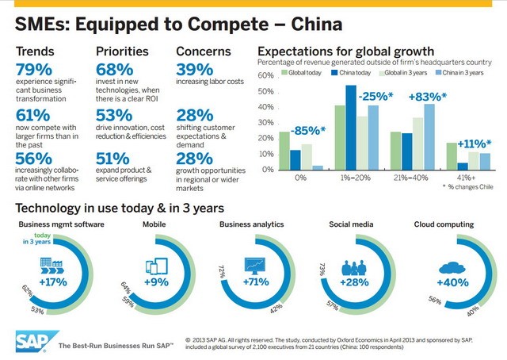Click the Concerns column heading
(204, 52)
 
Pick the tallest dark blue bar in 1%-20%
(351, 128)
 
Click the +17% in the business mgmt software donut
(55, 281)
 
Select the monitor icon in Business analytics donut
(255, 263)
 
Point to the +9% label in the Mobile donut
(156, 281)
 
